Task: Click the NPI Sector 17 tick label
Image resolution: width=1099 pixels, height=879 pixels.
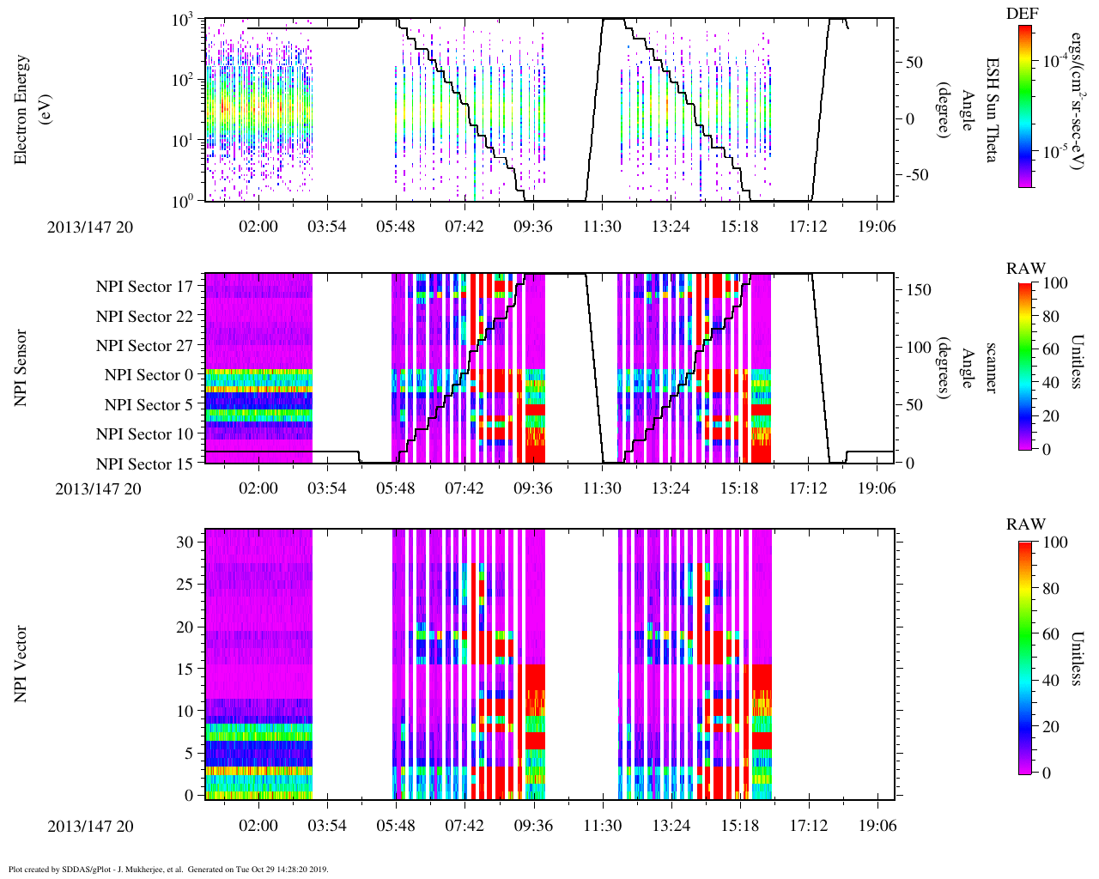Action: [145, 287]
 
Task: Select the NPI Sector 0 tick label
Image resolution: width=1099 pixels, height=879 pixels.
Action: [149, 375]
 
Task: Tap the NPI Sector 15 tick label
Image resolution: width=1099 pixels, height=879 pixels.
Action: [145, 464]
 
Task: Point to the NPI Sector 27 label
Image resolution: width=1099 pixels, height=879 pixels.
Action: [145, 346]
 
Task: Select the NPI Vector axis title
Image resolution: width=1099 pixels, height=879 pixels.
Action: [21, 664]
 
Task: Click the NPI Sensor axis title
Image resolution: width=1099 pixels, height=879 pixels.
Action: [21, 367]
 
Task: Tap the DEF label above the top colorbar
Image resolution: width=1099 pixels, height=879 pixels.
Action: [1023, 13]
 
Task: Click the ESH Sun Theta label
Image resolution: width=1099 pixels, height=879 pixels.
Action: [992, 110]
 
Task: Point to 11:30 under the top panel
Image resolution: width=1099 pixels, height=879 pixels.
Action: [602, 226]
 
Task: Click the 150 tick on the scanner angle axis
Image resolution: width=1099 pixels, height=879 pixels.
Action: [920, 290]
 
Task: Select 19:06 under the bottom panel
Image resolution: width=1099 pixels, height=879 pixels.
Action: [877, 826]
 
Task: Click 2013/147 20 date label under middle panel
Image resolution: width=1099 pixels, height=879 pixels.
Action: [99, 489]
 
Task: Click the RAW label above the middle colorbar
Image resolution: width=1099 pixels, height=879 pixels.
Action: [1026, 269]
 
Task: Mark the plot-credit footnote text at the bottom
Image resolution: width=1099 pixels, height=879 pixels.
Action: [167, 870]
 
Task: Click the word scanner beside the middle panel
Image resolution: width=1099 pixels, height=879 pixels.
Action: [992, 367]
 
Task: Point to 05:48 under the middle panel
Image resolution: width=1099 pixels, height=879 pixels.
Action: [396, 488]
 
